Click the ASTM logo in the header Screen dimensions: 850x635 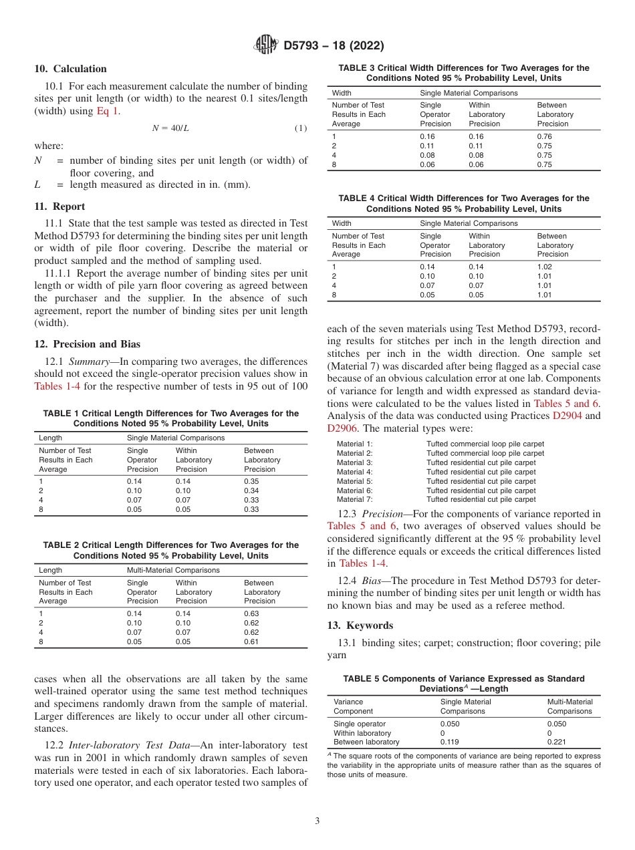coord(266,45)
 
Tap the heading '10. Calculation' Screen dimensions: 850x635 coord(70,69)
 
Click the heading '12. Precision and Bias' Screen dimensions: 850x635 coord(88,344)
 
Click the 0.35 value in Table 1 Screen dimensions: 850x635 coord(251,481)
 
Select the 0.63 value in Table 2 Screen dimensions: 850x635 coord(251,613)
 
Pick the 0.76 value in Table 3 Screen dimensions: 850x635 coord(545,136)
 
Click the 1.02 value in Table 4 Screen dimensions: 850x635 coord(545,267)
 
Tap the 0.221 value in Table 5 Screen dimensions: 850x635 coord(557,742)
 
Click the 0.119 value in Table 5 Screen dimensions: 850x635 coord(450,742)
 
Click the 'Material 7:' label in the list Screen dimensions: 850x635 coord(354,499)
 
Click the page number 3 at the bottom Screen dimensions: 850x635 coord(317,821)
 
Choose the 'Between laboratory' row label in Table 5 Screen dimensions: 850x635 coord(366,742)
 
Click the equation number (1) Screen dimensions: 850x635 coord(301,128)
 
